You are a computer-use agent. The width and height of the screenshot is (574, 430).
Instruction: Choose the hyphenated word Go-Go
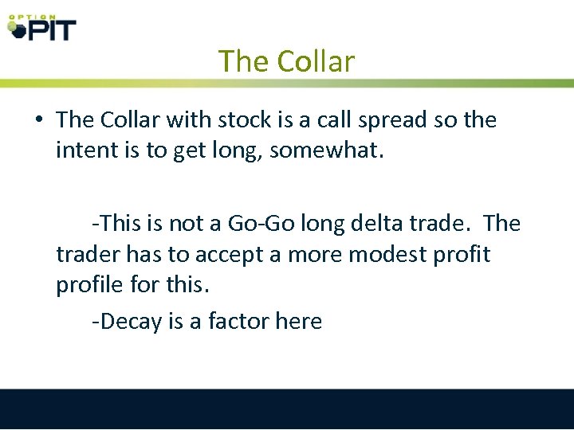point(261,224)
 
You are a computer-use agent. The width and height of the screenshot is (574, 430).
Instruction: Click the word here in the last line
point(298,321)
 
